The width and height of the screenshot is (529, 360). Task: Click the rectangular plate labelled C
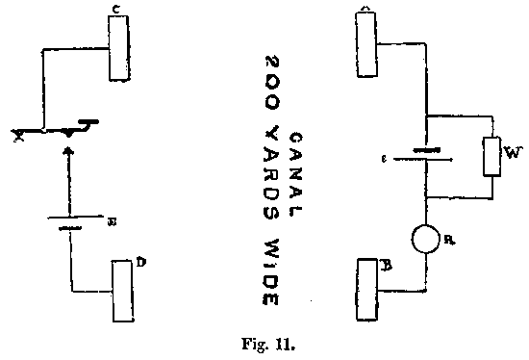point(118,51)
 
